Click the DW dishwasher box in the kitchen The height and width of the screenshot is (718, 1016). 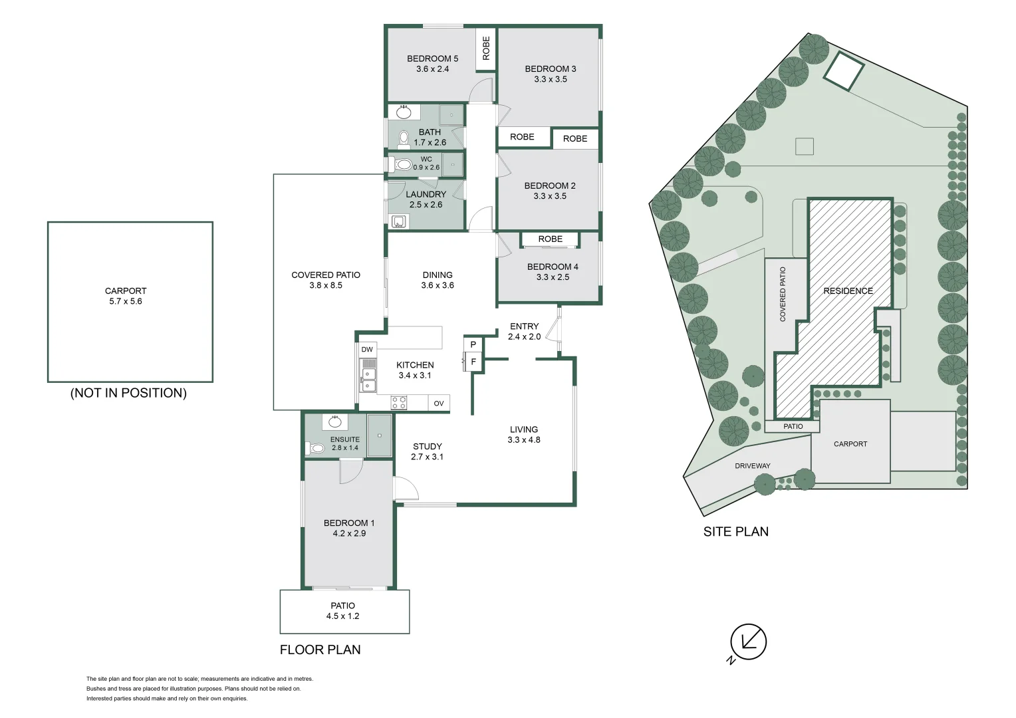(367, 350)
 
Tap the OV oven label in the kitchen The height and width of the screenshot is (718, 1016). (439, 404)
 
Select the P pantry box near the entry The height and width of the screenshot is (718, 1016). (473, 344)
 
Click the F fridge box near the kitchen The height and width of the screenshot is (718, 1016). (473, 362)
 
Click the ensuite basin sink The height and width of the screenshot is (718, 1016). (335, 422)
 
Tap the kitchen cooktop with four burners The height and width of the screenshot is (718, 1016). (399, 402)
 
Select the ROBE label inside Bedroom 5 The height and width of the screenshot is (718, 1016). (486, 49)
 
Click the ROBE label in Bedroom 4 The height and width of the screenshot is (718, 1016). (550, 239)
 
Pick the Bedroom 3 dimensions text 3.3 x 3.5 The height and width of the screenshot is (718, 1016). (550, 79)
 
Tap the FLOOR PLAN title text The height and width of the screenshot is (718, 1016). (320, 650)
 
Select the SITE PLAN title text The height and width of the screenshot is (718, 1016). (735, 532)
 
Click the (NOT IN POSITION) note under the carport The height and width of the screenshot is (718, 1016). (128, 393)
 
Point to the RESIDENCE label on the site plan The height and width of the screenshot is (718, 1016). (848, 291)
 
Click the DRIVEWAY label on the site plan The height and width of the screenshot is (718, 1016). (752, 466)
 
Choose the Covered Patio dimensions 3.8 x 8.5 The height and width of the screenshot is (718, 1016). (326, 285)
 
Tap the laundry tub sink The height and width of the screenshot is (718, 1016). (398, 221)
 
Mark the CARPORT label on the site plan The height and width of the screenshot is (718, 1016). (850, 443)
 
